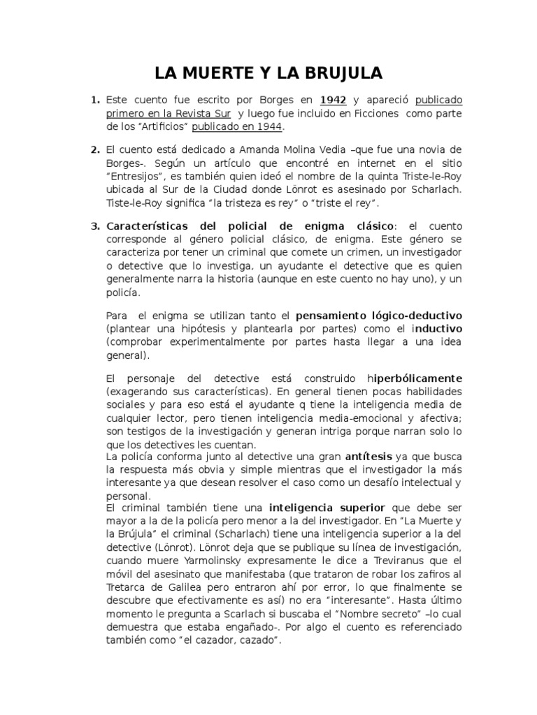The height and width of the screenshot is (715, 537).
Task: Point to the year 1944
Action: pyautogui.click(x=266, y=126)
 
